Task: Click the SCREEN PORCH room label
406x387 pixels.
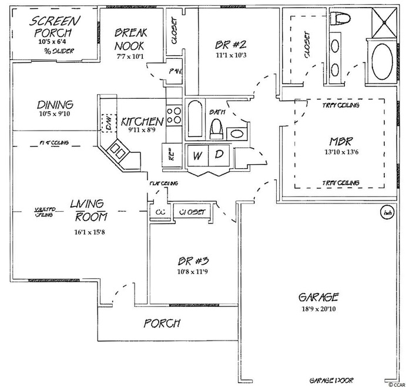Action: pyautogui.click(x=53, y=26)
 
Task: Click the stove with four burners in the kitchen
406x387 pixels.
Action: pyautogui.click(x=175, y=115)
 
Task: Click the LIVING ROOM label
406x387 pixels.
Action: pyautogui.click(x=88, y=210)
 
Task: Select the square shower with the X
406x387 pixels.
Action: pyautogui.click(x=385, y=23)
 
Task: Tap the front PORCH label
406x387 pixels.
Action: pyautogui.click(x=162, y=323)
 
